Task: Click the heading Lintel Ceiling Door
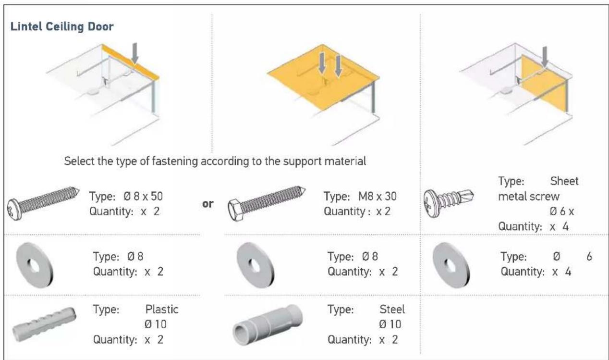coord(62,27)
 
